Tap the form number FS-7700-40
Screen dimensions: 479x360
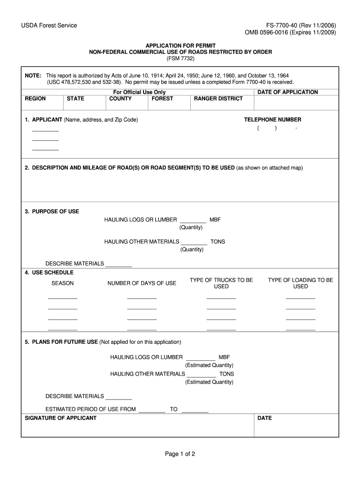[x=284, y=25]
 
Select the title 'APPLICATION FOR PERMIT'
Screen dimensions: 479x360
[x=180, y=45]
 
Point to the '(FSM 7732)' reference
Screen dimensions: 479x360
[x=180, y=58]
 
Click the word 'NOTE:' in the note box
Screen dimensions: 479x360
[x=33, y=75]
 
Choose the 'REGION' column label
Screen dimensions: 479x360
[x=35, y=99]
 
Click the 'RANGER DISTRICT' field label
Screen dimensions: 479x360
[x=218, y=99]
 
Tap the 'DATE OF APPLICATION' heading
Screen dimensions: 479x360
[x=288, y=92]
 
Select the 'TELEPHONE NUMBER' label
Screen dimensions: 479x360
[x=273, y=120]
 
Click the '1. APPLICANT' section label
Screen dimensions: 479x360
[x=43, y=120]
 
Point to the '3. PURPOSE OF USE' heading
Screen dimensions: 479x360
[x=52, y=211]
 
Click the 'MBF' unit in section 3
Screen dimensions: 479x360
[x=215, y=220]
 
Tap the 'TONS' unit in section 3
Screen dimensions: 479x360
[x=217, y=242]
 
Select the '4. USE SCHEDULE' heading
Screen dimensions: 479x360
[x=49, y=272]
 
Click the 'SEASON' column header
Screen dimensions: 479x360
[x=63, y=283]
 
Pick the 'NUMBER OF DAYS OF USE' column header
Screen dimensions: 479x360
[x=142, y=283]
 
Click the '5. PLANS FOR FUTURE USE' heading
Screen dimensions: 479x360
[x=61, y=342]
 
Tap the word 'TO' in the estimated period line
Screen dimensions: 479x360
[x=173, y=409]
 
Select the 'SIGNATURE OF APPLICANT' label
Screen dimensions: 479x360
[x=60, y=418]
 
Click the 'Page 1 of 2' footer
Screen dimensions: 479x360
[x=180, y=454]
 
